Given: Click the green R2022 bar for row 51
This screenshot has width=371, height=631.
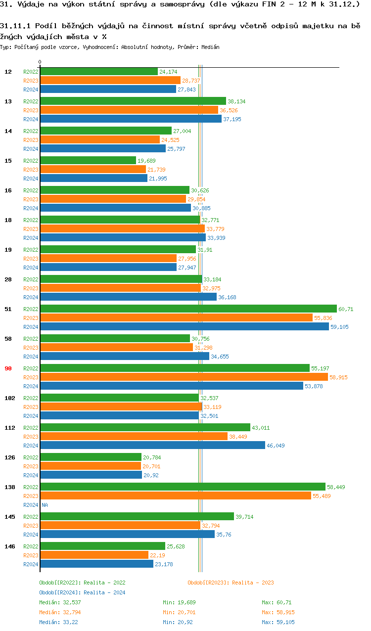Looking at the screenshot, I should [x=188, y=309].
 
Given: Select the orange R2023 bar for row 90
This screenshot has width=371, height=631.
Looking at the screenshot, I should [x=184, y=377].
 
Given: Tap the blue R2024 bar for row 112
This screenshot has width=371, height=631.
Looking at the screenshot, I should [x=152, y=446].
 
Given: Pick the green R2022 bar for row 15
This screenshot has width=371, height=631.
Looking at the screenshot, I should [x=88, y=161].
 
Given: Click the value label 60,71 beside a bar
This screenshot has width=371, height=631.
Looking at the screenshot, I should [x=346, y=309].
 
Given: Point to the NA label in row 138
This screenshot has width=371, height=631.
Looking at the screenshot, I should [x=45, y=505].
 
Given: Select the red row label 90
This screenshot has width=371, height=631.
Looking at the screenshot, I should [x=8, y=368].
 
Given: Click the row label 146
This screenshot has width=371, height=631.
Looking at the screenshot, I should [x=9, y=546].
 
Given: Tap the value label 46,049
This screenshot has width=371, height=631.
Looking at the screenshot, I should [x=276, y=446].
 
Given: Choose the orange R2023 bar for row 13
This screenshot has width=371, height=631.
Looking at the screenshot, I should [x=129, y=110].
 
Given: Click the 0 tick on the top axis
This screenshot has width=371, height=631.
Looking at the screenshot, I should [x=40, y=62].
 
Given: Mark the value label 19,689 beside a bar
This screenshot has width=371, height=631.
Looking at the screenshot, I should [x=146, y=161].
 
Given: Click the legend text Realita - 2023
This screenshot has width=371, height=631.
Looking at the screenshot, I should [x=253, y=583].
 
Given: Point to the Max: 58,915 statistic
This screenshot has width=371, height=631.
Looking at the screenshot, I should [x=278, y=612].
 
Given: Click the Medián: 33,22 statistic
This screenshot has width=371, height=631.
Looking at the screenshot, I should [x=60, y=622].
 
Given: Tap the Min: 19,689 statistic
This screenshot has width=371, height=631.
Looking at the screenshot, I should [x=179, y=602].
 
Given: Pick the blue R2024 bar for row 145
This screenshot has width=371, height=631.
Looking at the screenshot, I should [x=127, y=535].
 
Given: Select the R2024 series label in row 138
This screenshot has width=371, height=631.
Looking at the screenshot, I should [x=31, y=505].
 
